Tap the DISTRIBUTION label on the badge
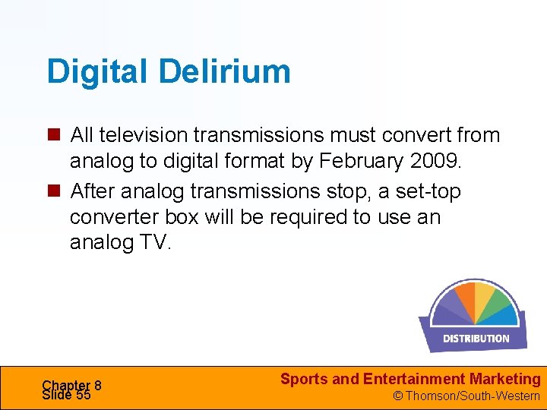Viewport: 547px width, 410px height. (476, 339)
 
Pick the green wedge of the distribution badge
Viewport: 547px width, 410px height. (501, 304)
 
